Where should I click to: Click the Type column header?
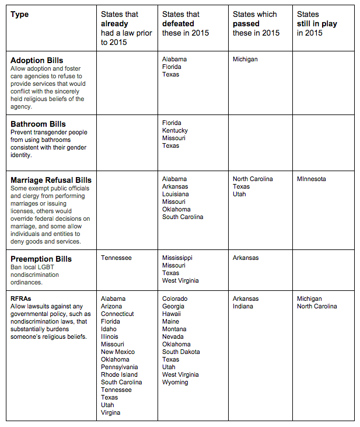[19, 14]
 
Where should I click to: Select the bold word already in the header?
[116, 24]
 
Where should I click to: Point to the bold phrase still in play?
[317, 24]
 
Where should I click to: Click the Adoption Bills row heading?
[37, 60]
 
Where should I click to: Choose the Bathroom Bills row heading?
[38, 124]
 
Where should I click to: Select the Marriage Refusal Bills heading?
[51, 180]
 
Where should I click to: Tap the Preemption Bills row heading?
[41, 259]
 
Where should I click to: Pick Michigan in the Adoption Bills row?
[245, 59]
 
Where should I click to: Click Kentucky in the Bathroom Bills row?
[175, 130]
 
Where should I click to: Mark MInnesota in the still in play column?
[312, 179]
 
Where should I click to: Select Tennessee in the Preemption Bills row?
[116, 258]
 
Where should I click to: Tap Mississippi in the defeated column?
[177, 258]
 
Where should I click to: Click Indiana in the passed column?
[243, 306]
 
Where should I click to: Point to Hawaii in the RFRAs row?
[172, 314]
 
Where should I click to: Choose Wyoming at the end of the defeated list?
[175, 382]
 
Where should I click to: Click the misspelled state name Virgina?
[111, 412]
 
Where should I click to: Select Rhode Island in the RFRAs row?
[120, 374]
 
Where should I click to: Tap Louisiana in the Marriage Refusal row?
[176, 194]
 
